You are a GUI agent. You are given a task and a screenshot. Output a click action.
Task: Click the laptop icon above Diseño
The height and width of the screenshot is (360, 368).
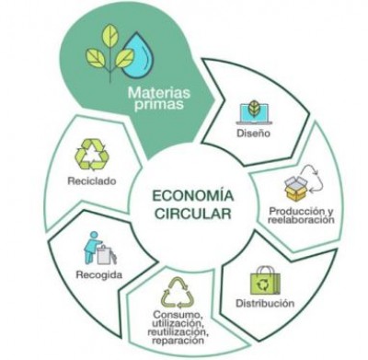point(251,110)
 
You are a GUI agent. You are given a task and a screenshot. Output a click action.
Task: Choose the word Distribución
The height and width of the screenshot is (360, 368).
point(263,304)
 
